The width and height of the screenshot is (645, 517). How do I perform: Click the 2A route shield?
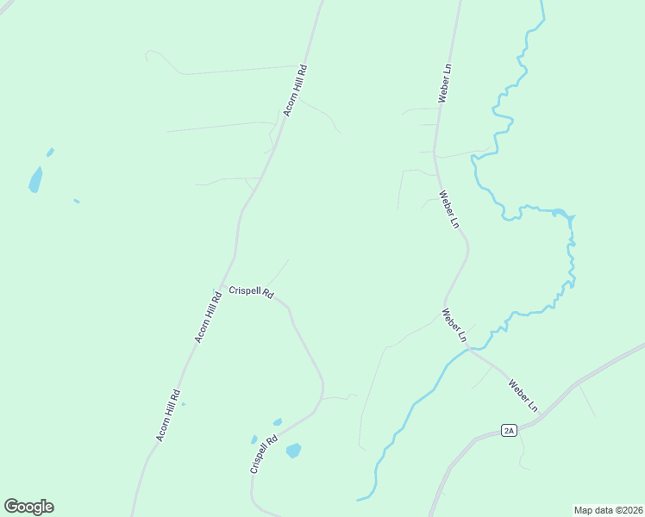coord(509,431)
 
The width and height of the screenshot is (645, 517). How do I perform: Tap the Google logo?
coord(28,507)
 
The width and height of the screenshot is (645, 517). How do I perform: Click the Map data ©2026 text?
coord(608,509)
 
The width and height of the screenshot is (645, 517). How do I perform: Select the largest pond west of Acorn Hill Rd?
coord(35,179)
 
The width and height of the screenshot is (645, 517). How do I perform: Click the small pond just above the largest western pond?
coord(50,153)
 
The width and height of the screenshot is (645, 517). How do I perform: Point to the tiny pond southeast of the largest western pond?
coord(77,202)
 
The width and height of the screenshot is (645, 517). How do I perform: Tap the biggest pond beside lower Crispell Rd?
coord(294,450)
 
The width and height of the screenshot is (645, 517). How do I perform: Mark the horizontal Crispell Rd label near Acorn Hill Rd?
coord(251,293)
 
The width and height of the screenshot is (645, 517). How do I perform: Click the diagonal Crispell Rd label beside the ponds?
coord(264,453)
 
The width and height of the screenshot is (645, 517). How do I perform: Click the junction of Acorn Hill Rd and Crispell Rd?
coord(223,286)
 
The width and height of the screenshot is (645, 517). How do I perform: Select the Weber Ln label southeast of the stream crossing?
coord(523,395)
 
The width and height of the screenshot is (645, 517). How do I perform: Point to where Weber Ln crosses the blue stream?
coord(467,348)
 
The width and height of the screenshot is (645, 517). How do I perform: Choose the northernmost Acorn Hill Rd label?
coord(296,90)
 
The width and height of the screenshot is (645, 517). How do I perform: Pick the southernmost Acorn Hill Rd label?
coord(168,416)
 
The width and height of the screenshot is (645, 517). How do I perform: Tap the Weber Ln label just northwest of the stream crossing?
coord(454,324)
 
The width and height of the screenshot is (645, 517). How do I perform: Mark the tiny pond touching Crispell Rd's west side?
coord(254,439)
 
